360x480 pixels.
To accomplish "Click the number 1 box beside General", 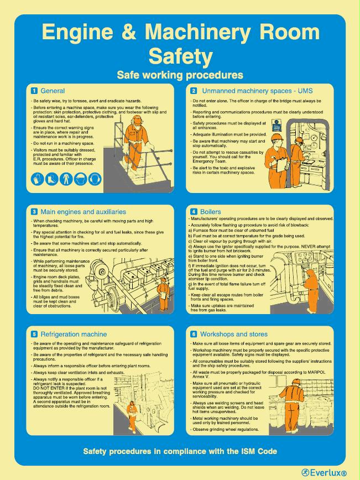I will (x=34, y=91).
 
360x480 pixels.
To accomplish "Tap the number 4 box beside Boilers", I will (x=194, y=212).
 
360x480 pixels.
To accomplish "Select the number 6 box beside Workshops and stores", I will (x=194, y=335).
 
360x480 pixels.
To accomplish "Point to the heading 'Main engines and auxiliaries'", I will (x=83, y=212).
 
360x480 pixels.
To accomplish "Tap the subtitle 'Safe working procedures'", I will (x=180, y=74).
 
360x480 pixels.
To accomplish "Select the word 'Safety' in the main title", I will (x=180, y=56).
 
